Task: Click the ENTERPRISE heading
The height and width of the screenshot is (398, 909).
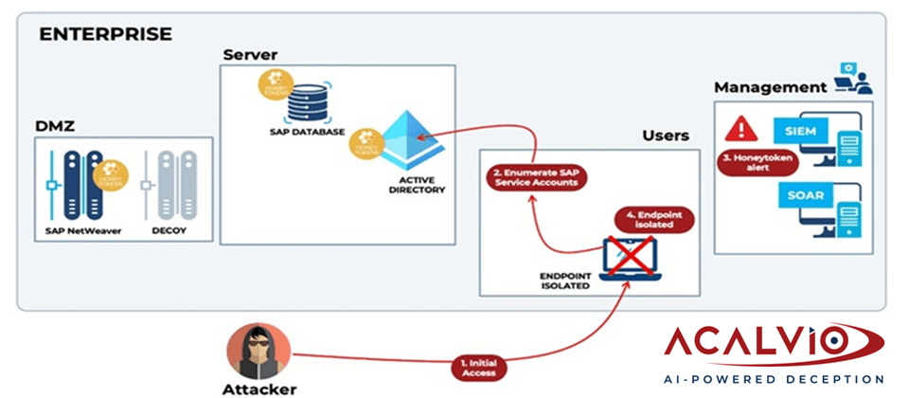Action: click(x=105, y=34)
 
